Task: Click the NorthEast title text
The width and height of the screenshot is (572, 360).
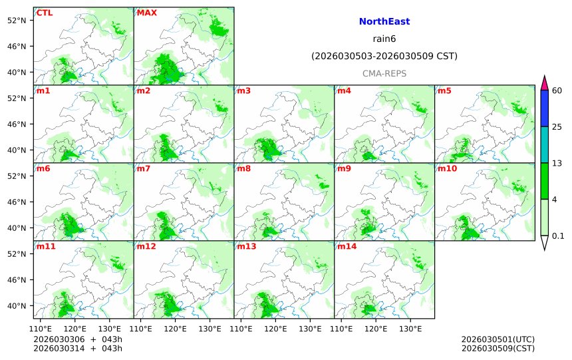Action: (384, 22)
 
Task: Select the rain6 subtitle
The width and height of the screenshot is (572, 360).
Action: (384, 39)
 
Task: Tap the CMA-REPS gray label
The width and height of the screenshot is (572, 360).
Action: (384, 74)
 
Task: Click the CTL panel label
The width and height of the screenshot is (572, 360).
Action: (45, 13)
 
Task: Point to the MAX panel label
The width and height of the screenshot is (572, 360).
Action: (146, 13)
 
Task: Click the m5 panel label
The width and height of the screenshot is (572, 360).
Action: (444, 90)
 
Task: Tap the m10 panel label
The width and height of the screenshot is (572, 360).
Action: (447, 168)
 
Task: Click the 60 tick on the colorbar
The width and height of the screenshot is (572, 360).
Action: (557, 90)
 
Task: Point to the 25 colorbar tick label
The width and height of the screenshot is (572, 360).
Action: (557, 127)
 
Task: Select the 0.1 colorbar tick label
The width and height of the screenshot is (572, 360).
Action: (558, 236)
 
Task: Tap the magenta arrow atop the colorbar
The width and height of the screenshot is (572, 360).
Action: (544, 83)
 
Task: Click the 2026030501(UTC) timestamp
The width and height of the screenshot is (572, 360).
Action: (498, 339)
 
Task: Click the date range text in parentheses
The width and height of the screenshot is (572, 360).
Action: (384, 57)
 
